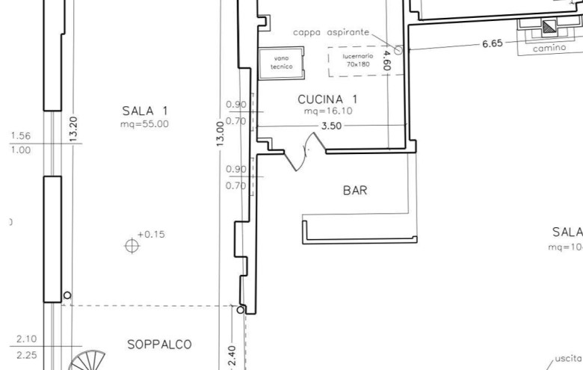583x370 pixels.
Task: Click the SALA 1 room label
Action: coord(145,111)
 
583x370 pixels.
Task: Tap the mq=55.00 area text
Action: coord(144,124)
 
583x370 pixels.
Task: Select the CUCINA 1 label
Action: coord(328,99)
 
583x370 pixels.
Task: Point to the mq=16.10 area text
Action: coord(327,111)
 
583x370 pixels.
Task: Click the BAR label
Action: coord(355,191)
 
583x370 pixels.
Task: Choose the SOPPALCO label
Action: coord(159,345)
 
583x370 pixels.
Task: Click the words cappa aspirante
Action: coord(330,32)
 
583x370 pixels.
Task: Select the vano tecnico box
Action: coord(281,62)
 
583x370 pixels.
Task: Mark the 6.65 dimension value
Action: coord(492,44)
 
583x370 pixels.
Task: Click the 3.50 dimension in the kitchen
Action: coord(331,126)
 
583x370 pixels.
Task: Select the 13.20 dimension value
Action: coord(73,128)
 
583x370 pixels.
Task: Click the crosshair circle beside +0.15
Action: coord(132,244)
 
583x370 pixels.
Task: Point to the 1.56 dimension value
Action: coord(21,136)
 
